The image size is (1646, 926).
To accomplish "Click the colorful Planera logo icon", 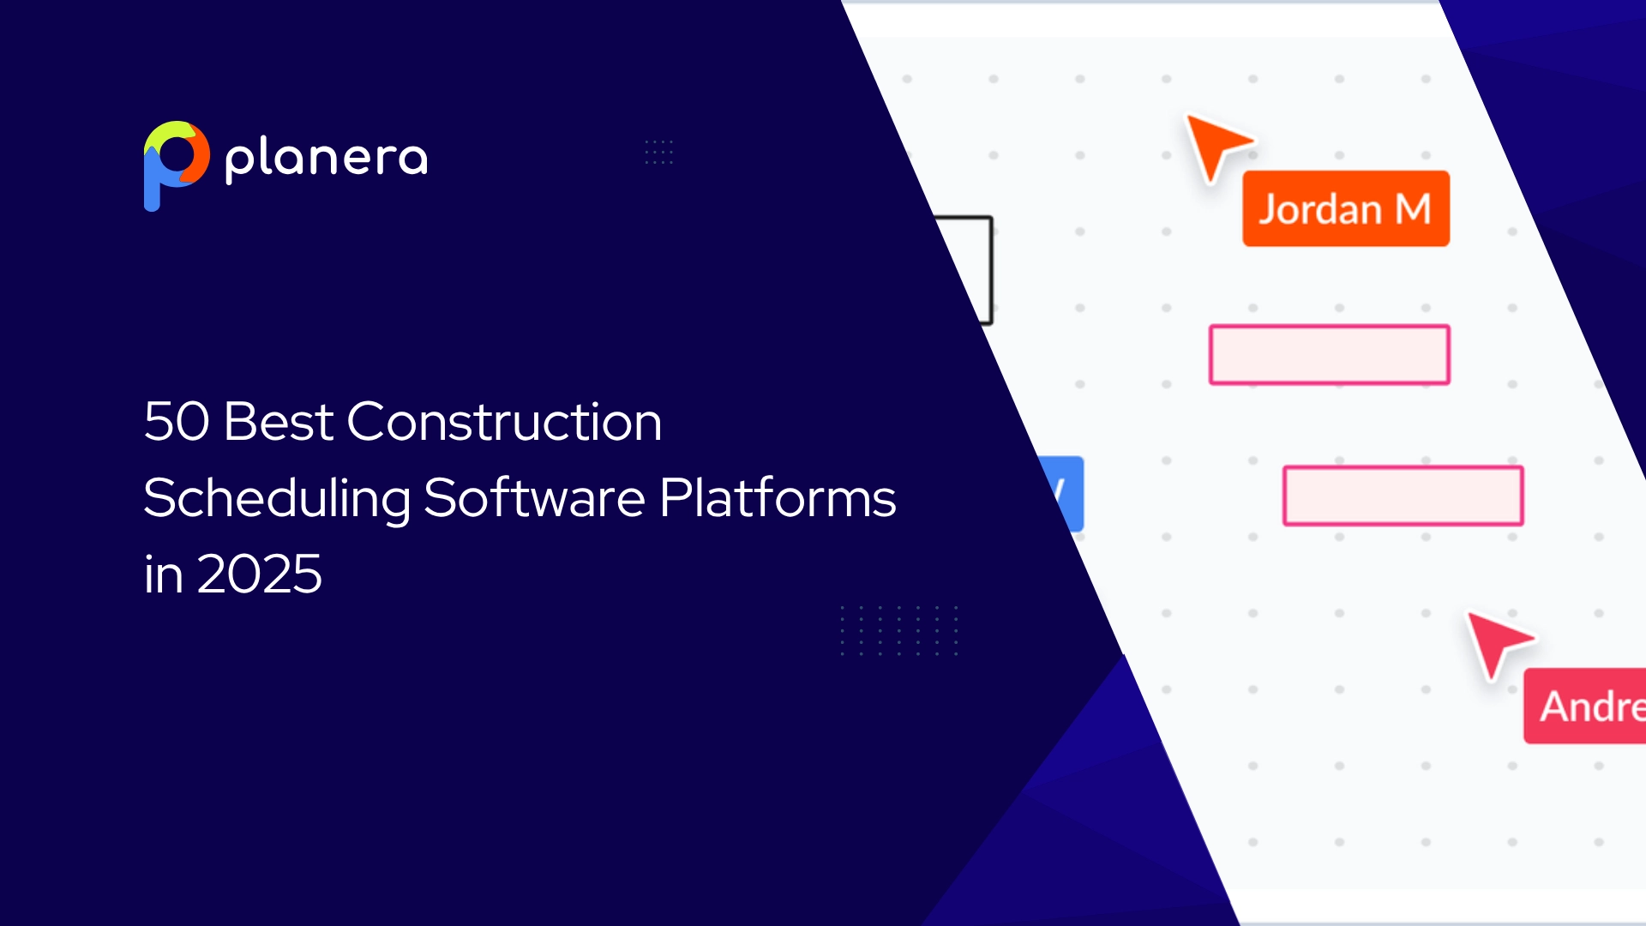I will [x=176, y=163].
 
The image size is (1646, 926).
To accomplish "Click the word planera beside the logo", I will [x=326, y=159].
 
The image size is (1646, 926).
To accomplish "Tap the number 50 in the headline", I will [x=176, y=422].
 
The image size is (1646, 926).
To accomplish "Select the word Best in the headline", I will [x=278, y=422].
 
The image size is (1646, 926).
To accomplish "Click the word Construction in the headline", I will [x=504, y=422].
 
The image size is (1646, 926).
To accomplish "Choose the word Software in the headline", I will [x=533, y=499].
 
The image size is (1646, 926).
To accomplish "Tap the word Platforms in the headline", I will [x=778, y=499].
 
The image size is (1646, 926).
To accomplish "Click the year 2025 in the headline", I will [x=259, y=574].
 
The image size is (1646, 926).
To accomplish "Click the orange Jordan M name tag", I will [x=1345, y=209].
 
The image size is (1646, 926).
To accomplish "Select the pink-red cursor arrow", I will [x=1495, y=641].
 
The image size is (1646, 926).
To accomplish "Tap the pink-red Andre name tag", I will [x=1586, y=706].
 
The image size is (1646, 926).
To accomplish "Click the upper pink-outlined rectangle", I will [x=1329, y=355].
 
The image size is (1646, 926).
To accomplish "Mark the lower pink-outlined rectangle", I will [x=1403, y=496].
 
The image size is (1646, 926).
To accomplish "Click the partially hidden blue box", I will [x=1067, y=494].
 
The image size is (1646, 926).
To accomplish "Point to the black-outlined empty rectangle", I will [x=973, y=268].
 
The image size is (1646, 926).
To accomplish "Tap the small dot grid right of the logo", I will [x=658, y=152].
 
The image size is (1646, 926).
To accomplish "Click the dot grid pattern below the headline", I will [x=898, y=631].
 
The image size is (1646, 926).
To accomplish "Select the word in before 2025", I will [x=163, y=574].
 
